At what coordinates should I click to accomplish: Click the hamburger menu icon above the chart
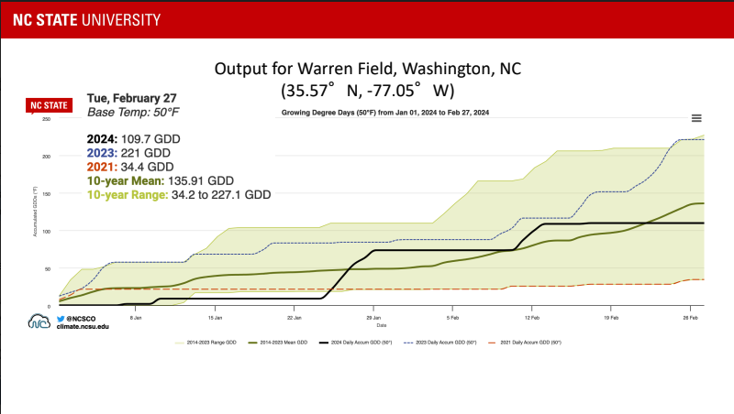pos(696,118)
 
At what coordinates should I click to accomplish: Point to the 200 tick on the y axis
pos(47,156)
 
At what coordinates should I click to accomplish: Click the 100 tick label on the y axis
pos(47,231)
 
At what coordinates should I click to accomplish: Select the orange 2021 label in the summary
pos(102,167)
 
